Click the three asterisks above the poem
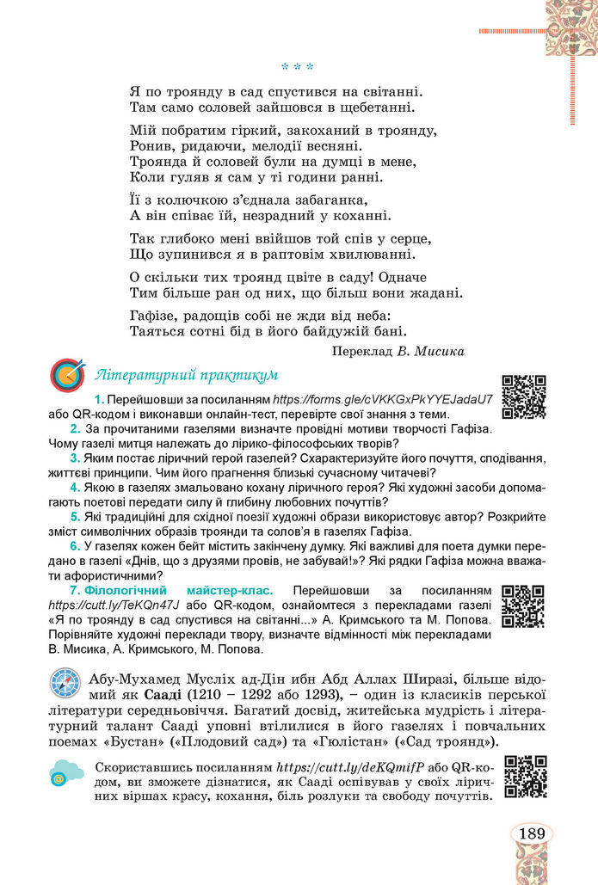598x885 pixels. coord(297,66)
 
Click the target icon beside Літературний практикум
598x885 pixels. coord(67,376)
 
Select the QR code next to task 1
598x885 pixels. coord(523,396)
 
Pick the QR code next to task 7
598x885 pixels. coord(523,607)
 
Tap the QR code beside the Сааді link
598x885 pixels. coord(525,777)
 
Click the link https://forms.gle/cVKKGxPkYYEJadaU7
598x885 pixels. coord(383,400)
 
